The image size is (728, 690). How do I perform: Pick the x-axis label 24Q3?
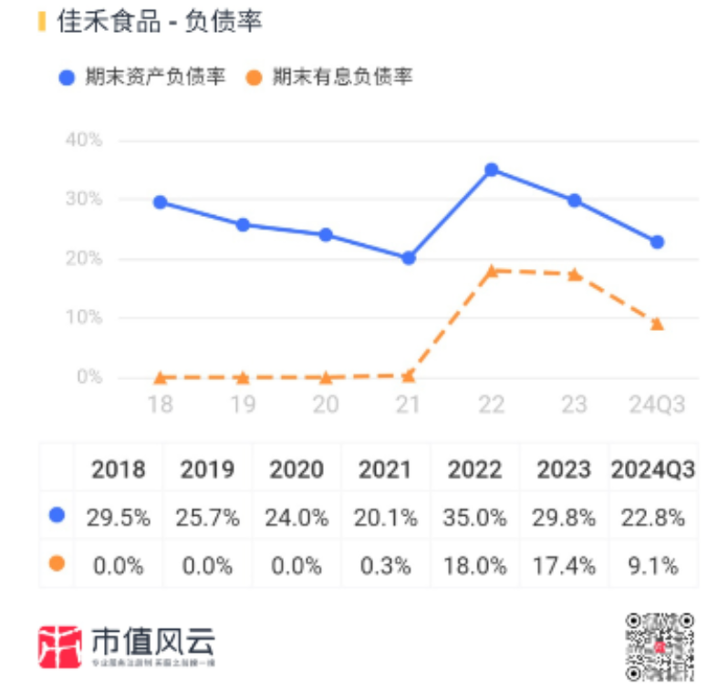(x=657, y=405)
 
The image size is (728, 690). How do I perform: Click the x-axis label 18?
(x=160, y=405)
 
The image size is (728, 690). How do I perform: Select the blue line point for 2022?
(x=491, y=170)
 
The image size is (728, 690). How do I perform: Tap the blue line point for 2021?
(x=408, y=258)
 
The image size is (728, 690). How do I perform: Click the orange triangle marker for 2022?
(x=491, y=271)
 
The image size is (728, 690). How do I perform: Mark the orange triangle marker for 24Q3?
(x=657, y=324)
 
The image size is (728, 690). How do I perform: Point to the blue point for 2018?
(x=160, y=202)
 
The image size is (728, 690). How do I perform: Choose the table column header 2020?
(x=296, y=469)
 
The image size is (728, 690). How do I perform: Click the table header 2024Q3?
(x=653, y=469)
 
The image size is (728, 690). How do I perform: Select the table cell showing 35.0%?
(x=474, y=518)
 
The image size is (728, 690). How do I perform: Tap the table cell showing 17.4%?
(x=564, y=565)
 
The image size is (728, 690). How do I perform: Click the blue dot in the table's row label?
(x=57, y=516)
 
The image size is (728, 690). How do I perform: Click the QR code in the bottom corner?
(x=659, y=646)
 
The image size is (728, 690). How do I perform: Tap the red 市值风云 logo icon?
(x=60, y=646)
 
